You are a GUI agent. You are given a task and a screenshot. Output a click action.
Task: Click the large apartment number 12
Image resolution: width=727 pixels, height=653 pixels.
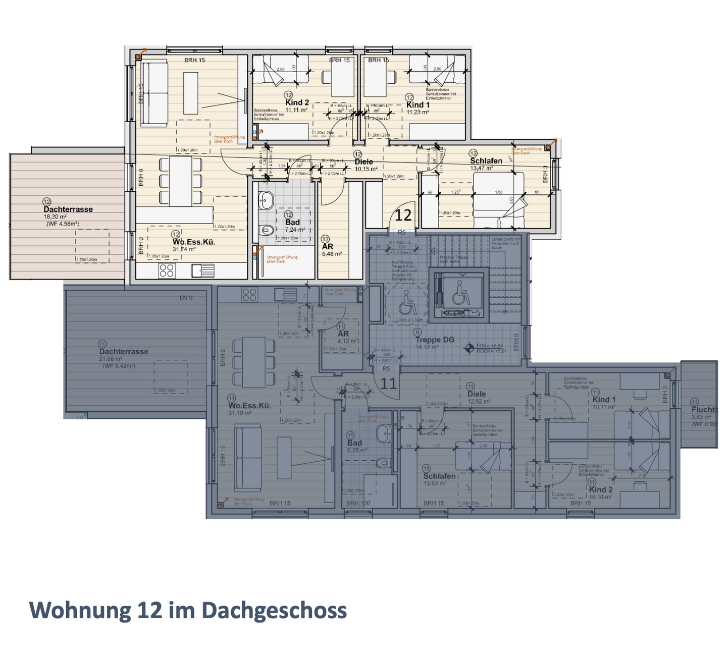point(403,215)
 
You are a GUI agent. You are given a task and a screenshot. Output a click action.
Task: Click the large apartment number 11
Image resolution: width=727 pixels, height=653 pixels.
point(388,384)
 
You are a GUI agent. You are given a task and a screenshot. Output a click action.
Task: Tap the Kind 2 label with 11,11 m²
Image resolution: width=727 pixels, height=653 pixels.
point(297,103)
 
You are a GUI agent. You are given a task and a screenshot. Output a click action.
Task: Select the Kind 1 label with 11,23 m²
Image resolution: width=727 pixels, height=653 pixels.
point(418,105)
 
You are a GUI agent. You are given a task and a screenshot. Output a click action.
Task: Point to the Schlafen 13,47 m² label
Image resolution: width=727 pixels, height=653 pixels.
point(486,161)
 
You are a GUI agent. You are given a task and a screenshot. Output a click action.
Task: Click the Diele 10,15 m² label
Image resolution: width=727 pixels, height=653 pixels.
point(363,162)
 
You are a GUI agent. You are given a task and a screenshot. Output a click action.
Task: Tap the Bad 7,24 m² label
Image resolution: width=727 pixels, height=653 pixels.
point(292,223)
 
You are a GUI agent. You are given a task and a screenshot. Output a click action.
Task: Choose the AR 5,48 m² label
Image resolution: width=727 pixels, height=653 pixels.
point(328,247)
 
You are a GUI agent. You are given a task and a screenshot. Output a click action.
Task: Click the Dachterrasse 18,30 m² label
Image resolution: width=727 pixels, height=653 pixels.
point(68,210)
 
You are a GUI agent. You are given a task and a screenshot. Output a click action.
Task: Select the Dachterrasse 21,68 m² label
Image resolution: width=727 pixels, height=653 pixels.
point(123,352)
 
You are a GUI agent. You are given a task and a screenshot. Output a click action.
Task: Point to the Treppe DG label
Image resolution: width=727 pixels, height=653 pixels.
point(435,340)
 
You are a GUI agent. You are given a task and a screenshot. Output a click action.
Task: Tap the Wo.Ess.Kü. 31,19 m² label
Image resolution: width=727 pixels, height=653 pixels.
point(249,406)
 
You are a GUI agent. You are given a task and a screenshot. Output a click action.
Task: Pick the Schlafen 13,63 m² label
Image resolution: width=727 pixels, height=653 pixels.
point(439,476)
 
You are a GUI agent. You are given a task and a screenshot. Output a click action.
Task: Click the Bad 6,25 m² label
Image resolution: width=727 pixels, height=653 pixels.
point(354,444)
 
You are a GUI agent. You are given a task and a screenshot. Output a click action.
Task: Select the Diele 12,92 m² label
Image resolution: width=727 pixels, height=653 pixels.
point(477,395)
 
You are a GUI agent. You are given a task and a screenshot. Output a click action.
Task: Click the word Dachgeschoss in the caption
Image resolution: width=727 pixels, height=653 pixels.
point(274,610)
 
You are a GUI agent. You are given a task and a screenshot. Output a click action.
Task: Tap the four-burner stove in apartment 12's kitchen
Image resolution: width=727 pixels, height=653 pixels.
point(167,270)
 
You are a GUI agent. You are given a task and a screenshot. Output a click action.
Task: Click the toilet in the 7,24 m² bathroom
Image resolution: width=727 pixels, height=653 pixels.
point(268,231)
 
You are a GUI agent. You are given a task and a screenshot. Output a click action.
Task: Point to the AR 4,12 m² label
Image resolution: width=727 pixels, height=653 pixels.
point(343,335)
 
